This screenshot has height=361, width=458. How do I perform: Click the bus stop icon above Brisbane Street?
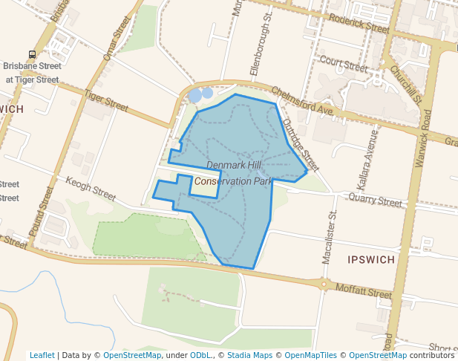click(32, 54)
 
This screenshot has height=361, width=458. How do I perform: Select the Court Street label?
click(344, 64)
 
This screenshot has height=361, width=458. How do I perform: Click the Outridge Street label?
click(301, 146)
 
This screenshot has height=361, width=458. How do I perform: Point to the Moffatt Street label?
click(362, 290)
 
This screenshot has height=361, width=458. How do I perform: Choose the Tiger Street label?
click(106, 98)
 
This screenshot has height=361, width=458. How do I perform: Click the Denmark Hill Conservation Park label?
click(234, 172)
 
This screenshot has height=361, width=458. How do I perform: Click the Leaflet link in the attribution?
click(42, 355)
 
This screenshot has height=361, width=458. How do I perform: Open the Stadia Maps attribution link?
click(249, 355)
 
